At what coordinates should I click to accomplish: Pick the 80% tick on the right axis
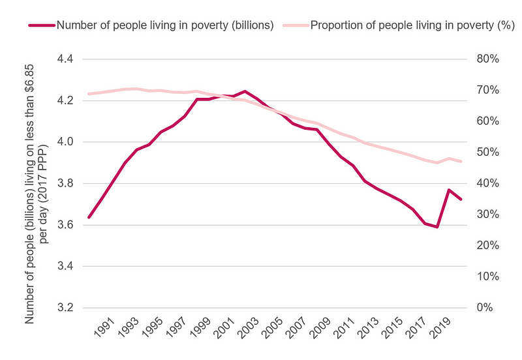[485, 59]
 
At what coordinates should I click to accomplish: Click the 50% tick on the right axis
[485, 153]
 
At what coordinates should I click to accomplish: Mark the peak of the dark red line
[244, 91]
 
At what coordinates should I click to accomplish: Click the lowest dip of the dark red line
[437, 227]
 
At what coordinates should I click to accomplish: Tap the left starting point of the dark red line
[89, 217]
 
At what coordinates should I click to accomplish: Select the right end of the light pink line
[461, 161]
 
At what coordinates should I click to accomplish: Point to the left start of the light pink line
[89, 94]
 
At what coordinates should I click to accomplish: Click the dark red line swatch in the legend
[40, 25]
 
